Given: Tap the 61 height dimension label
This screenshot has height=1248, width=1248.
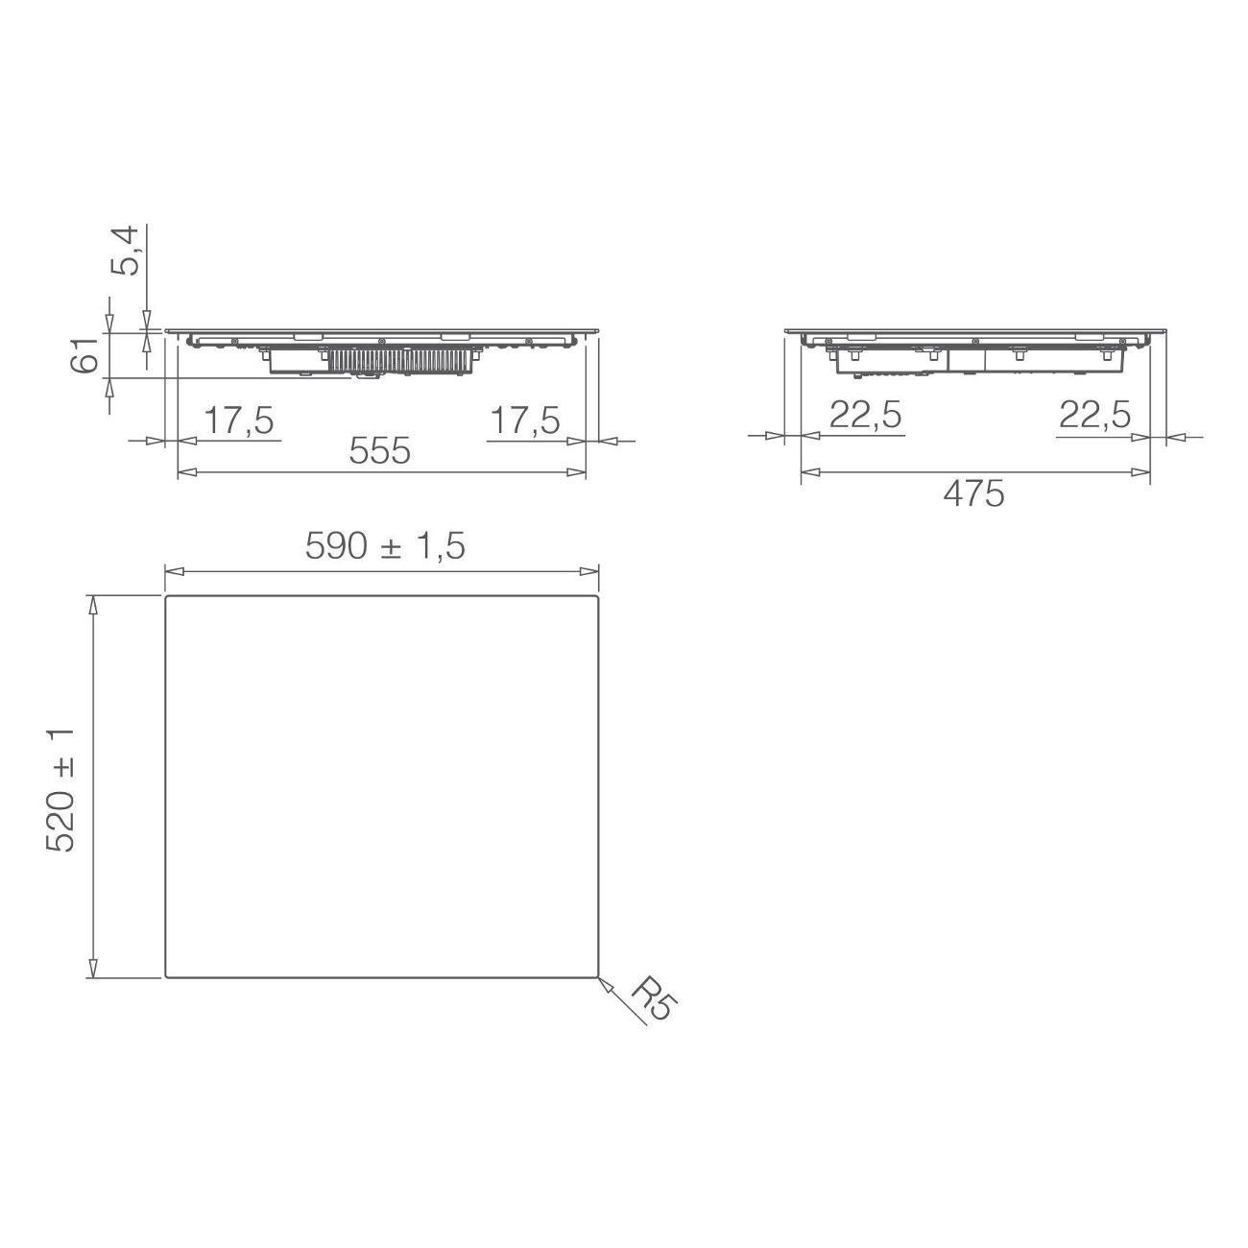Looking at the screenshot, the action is [84, 354].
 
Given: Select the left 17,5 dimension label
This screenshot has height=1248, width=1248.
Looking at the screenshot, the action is [239, 420].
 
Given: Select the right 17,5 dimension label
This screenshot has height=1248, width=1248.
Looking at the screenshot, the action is [524, 420].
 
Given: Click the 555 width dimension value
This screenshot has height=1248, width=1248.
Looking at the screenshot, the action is [379, 451].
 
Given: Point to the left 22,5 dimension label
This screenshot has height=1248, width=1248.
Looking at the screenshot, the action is [865, 415].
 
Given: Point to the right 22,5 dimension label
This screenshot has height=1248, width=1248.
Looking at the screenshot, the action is [1094, 415].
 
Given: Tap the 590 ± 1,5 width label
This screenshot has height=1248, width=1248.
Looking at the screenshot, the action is [385, 546].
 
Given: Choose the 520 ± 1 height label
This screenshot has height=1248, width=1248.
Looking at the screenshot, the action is [60, 789].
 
